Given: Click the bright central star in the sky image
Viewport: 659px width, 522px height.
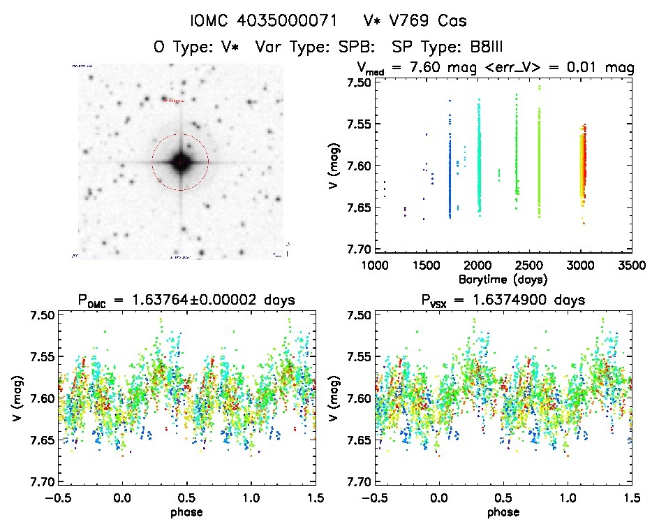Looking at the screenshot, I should pyautogui.click(x=180, y=162).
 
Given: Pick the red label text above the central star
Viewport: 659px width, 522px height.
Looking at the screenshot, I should pyautogui.click(x=177, y=101).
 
